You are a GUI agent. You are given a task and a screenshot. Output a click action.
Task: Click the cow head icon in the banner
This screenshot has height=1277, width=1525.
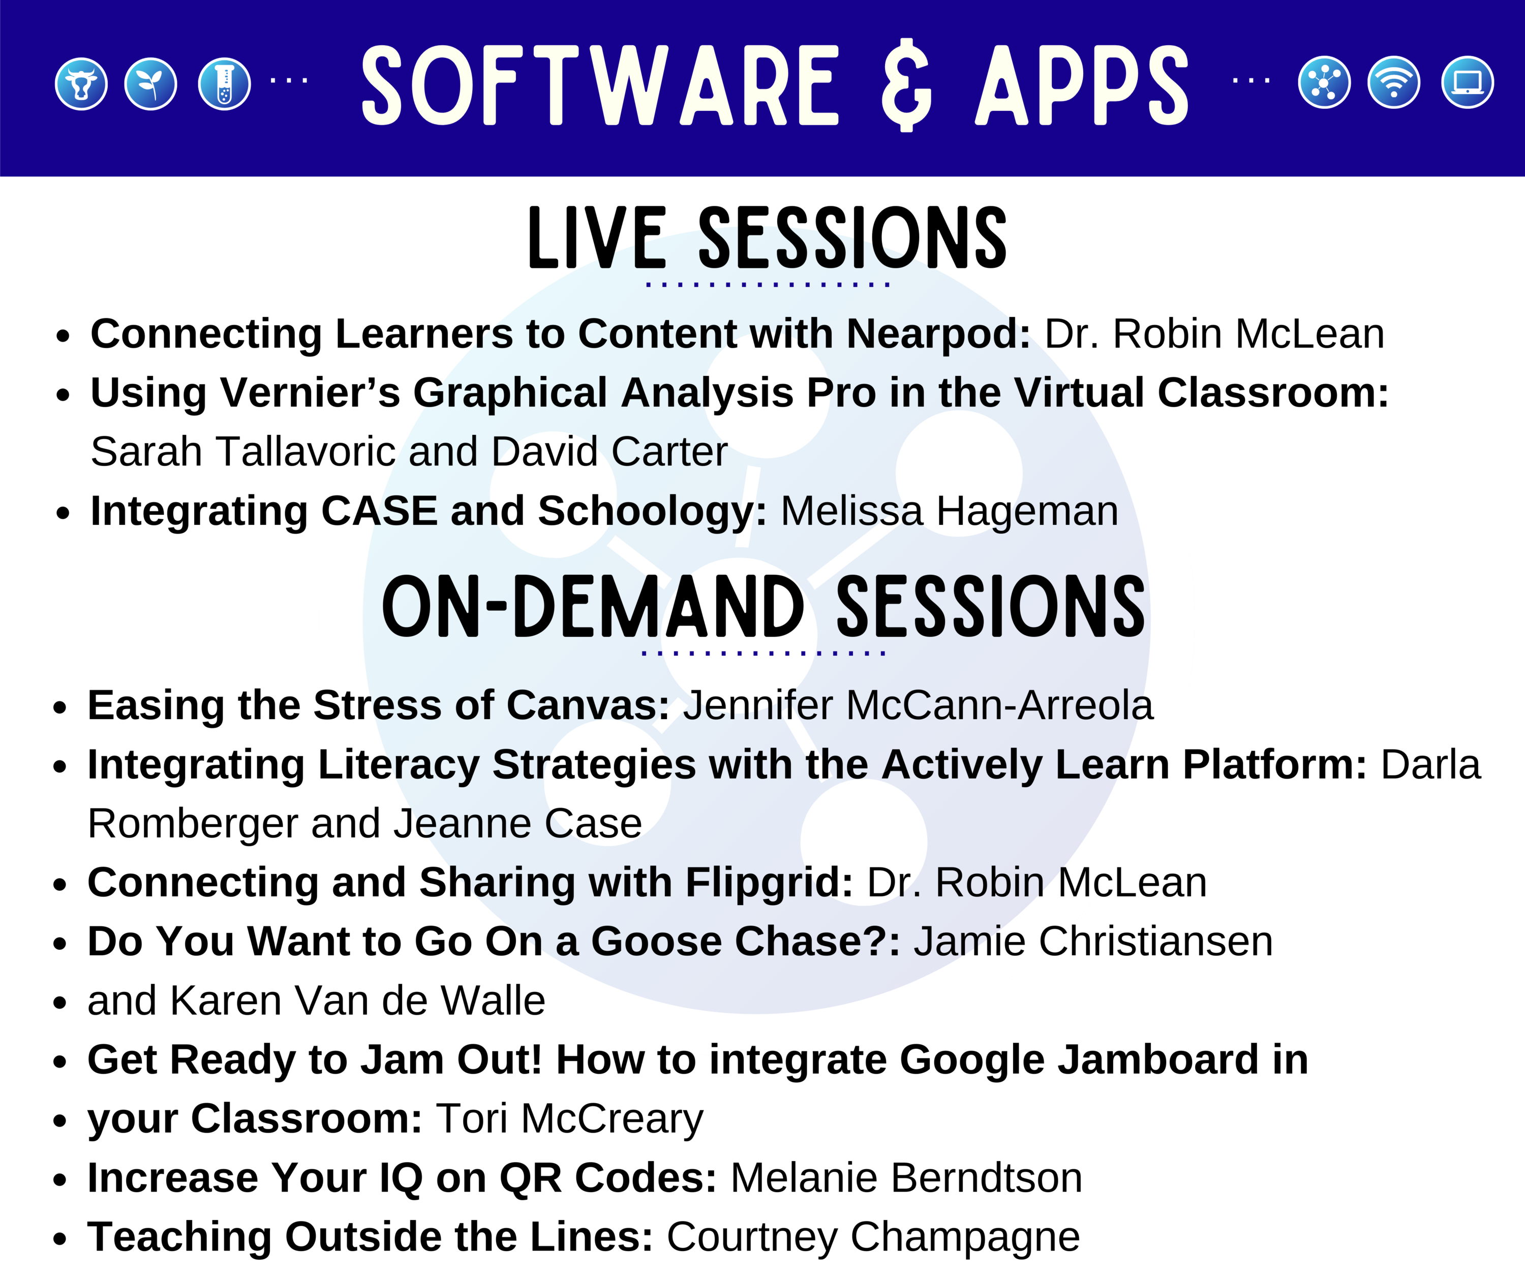pos(81,83)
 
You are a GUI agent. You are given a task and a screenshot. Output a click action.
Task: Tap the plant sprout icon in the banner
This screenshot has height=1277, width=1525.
pos(151,83)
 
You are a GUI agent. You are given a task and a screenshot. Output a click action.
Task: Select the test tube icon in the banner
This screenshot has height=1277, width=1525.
pos(224,83)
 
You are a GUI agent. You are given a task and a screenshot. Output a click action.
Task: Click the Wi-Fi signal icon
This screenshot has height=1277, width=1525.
pos(1393,82)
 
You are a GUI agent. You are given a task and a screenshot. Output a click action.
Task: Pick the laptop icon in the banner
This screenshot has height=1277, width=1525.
pos(1467,82)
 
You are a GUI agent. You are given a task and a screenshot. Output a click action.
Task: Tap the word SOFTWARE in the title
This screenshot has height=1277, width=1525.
pos(600,85)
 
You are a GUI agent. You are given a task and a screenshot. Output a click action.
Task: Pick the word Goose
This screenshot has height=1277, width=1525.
pos(656,942)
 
